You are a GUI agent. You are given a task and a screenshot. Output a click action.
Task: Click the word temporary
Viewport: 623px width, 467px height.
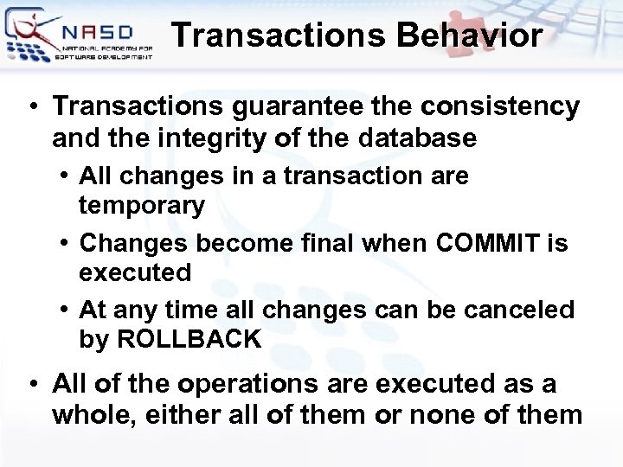[x=142, y=206]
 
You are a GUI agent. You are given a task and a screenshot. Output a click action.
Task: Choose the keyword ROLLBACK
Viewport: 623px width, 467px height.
[x=188, y=340]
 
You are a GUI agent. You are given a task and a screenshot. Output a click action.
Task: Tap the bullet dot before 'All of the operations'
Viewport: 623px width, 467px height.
[x=31, y=383]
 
